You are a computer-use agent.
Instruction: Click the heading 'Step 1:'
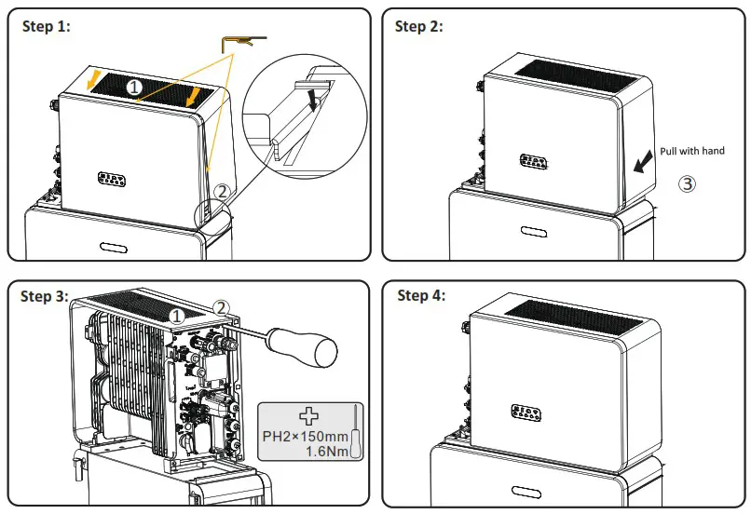point(46,26)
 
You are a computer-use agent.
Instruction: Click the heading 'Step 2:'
point(419,26)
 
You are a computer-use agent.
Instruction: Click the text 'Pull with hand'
point(692,151)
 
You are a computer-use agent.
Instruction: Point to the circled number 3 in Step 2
point(687,183)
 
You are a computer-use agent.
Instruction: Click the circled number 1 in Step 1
point(134,87)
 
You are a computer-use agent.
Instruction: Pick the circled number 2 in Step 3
point(221,305)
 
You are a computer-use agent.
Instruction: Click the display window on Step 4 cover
point(528,412)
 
